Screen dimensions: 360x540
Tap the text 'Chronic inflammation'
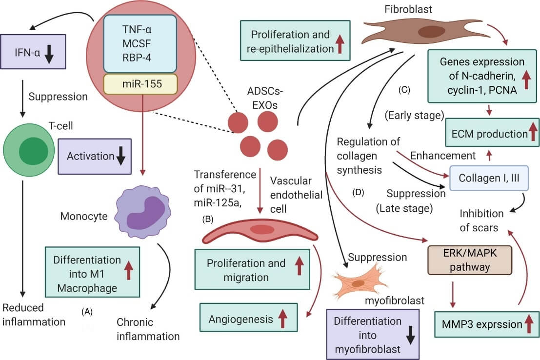click(x=148, y=329)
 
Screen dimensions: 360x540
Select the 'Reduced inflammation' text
click(x=34, y=315)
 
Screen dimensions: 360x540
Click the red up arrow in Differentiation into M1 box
click(x=129, y=270)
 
